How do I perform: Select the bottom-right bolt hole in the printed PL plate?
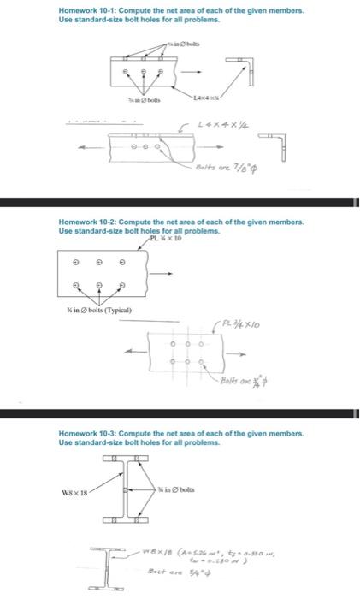(x=122, y=286)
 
